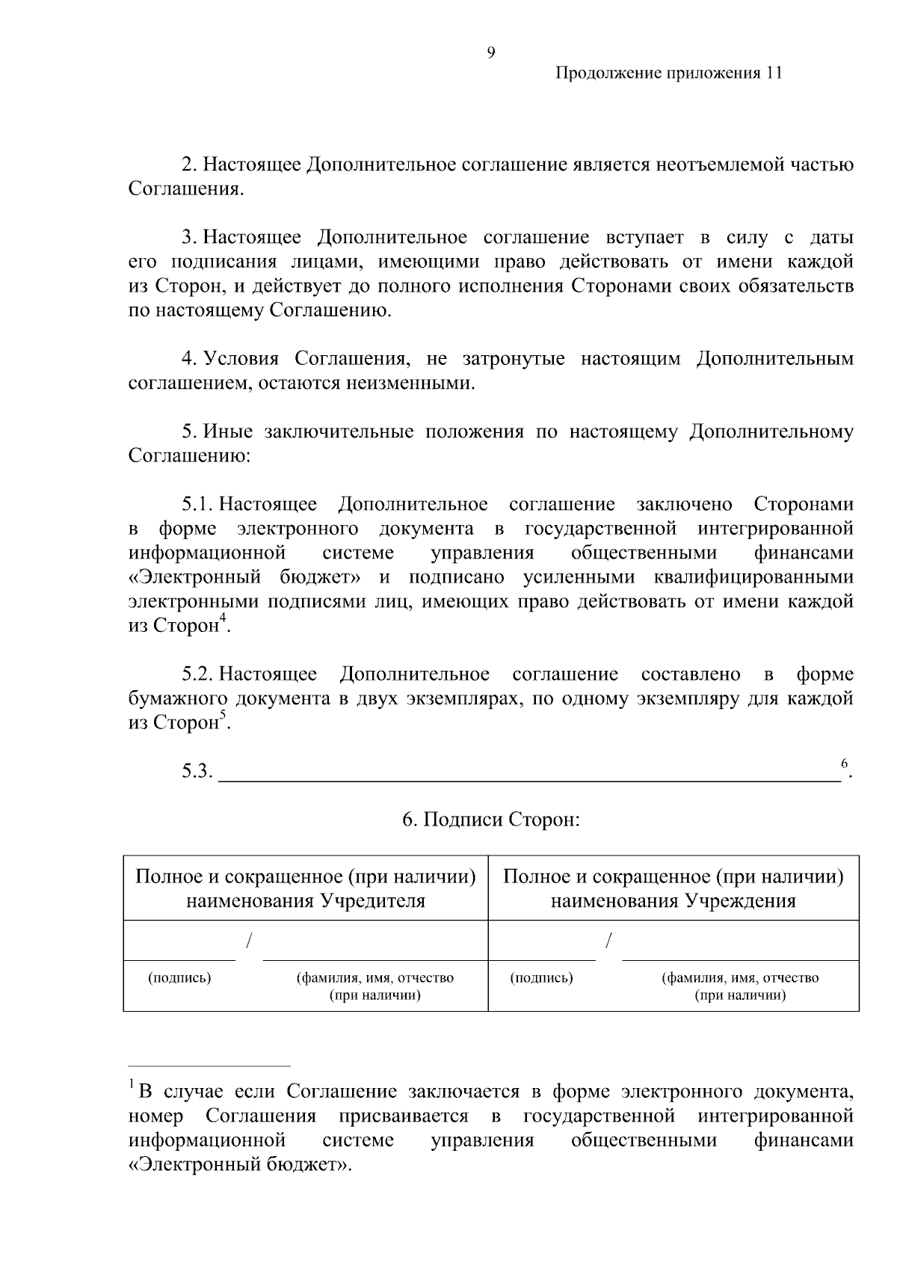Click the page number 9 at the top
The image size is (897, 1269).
point(490,52)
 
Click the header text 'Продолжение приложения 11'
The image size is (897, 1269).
point(668,73)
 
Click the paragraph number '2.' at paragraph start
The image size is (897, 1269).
point(189,165)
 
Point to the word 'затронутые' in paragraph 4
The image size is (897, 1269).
point(514,360)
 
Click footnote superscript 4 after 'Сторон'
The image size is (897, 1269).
point(222,618)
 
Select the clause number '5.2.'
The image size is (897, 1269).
point(198,675)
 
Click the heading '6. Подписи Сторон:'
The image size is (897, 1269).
point(491,820)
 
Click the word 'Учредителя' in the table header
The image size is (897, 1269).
point(373,901)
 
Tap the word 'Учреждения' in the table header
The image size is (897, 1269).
point(740,901)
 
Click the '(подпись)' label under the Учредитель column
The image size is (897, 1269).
point(179,978)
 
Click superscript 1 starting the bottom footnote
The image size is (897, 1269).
point(132,1084)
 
